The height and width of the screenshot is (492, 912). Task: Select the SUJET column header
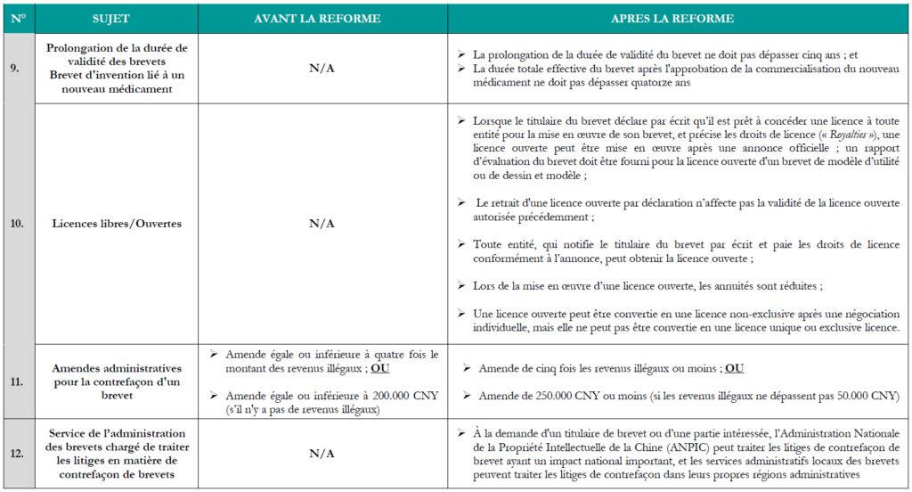click(117, 19)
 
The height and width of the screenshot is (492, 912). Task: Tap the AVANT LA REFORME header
click(322, 19)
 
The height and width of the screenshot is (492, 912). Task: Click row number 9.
click(15, 68)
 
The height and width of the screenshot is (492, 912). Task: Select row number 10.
click(15, 223)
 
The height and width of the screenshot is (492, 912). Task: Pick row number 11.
click(15, 380)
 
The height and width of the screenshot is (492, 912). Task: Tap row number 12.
click(15, 453)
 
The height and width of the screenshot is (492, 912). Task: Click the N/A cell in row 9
click(322, 68)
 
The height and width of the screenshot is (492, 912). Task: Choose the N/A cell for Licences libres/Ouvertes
click(322, 223)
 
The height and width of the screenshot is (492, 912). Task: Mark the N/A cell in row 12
click(322, 453)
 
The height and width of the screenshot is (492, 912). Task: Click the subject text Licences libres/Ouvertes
click(117, 223)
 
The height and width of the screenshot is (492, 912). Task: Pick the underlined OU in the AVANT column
click(380, 367)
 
